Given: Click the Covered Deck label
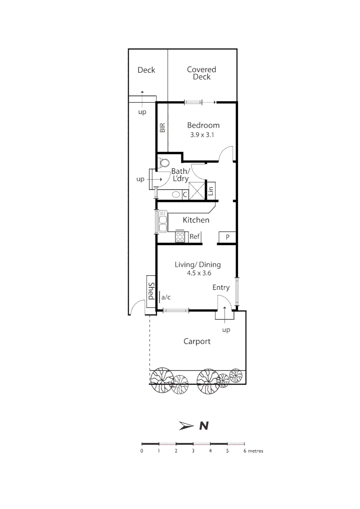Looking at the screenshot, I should point(201,73).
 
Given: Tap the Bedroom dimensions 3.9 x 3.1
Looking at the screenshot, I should point(203,135).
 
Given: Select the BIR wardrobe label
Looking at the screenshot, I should point(163,127).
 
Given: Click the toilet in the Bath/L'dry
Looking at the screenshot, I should point(164,163).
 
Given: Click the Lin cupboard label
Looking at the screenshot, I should point(211,190).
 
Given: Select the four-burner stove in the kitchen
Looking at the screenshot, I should point(180,237).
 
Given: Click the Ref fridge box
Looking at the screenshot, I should point(195,237).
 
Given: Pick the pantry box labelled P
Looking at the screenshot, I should point(227,237).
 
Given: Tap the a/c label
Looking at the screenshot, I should point(165,297).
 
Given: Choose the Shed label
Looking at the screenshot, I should point(151,291).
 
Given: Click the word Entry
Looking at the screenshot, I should point(221,287).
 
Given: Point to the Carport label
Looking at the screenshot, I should point(197,341).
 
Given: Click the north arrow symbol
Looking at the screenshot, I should point(187,426).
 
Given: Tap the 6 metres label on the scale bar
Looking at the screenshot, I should point(254,451).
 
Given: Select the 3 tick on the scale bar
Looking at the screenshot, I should point(193,451).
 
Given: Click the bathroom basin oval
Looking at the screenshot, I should point(175,194).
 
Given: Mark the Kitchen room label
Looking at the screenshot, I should point(196,220).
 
